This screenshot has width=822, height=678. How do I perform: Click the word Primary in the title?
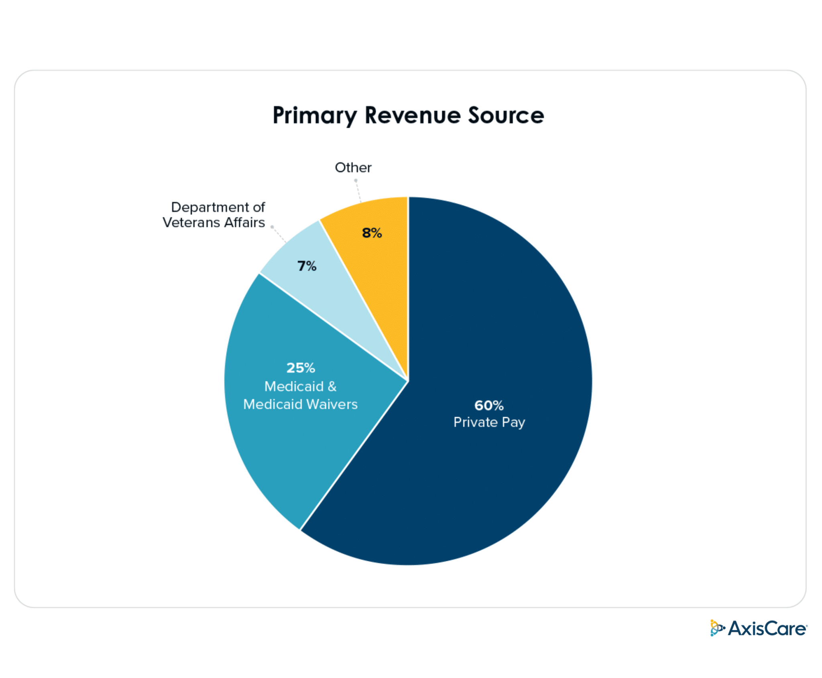314,116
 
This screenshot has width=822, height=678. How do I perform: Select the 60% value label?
489,405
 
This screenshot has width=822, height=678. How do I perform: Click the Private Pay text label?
489,422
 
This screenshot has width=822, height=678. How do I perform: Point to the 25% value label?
301,367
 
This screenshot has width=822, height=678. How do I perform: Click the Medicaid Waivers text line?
300,404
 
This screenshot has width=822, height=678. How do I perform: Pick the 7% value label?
307,266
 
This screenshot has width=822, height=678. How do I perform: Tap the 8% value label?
372,233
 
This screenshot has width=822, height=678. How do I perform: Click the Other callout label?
353,168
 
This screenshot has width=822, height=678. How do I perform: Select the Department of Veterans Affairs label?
214,215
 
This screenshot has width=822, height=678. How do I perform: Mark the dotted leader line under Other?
358,191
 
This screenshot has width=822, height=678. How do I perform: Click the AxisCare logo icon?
717,628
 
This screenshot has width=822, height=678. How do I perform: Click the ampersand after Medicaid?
332,386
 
